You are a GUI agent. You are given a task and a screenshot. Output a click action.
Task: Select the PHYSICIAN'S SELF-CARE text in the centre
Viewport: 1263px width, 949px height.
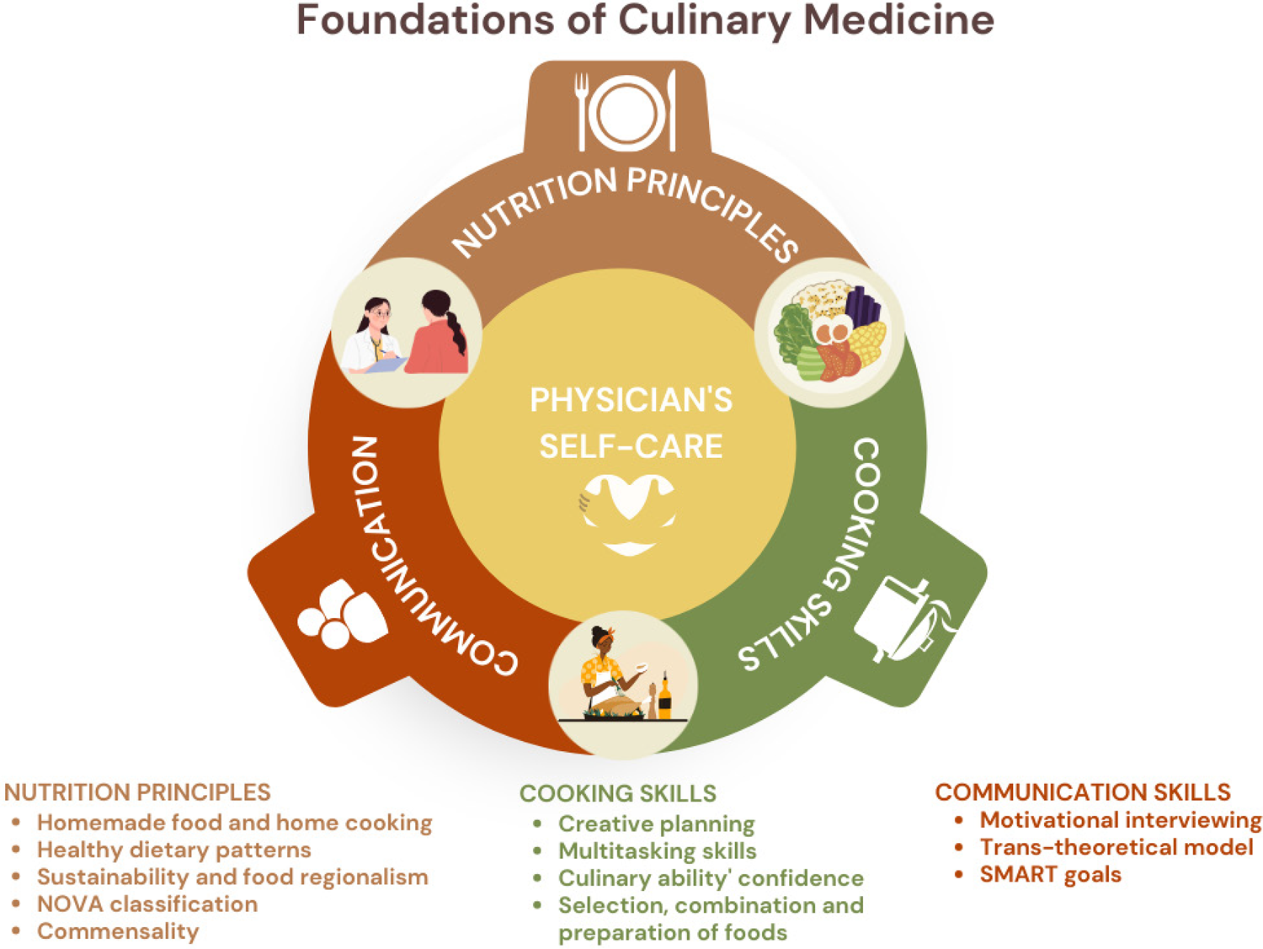631,423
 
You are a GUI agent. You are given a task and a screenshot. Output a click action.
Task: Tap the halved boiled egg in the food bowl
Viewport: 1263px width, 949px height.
833,332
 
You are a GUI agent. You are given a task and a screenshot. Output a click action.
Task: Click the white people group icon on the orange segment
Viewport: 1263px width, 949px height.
342,614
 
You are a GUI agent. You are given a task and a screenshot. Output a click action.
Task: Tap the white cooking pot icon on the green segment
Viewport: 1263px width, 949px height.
903,620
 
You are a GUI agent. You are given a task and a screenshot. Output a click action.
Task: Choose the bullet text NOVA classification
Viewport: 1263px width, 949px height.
147,904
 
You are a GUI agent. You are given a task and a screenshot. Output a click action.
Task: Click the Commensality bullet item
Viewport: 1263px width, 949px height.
118,931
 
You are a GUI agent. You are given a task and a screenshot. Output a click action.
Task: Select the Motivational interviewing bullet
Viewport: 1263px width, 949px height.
1121,820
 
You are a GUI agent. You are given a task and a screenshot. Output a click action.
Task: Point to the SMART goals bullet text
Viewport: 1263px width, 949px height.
1051,875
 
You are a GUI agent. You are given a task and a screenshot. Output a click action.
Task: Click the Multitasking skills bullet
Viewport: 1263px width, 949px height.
657,851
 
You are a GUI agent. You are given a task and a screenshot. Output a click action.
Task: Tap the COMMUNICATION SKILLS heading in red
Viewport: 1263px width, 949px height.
1082,792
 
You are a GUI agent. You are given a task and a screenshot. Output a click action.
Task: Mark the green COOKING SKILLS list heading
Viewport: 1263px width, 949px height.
618,793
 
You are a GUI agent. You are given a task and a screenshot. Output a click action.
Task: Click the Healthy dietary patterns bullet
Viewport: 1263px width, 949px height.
173,850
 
